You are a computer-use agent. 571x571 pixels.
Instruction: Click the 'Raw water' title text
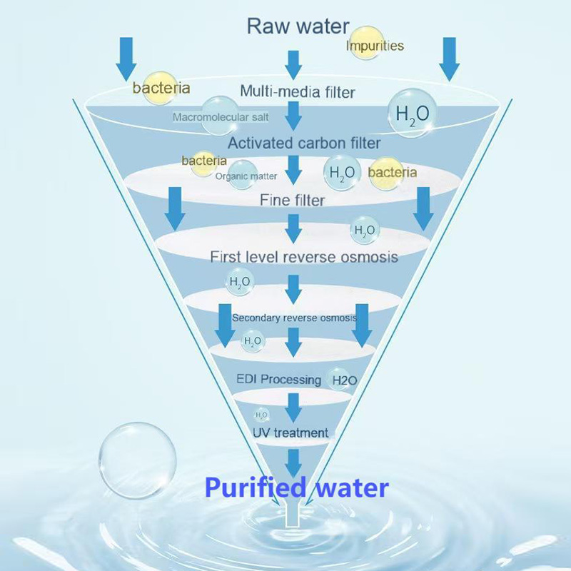tap(298, 27)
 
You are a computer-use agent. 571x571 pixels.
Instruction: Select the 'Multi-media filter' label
tap(297, 91)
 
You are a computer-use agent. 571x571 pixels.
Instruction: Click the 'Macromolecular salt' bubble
tap(220, 116)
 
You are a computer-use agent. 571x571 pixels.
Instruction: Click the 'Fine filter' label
tap(292, 201)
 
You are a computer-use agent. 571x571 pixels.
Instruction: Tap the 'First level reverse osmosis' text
tap(303, 256)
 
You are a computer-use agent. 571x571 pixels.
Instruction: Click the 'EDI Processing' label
tap(278, 378)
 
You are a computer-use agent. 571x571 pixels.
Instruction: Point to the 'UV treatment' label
tap(290, 433)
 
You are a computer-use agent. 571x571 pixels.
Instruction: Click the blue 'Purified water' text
tap(297, 487)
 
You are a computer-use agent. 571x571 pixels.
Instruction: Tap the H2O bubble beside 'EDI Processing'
tap(341, 380)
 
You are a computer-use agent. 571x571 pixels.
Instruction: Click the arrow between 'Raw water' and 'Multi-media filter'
tap(293, 64)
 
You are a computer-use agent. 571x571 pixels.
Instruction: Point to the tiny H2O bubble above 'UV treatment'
tap(262, 415)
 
